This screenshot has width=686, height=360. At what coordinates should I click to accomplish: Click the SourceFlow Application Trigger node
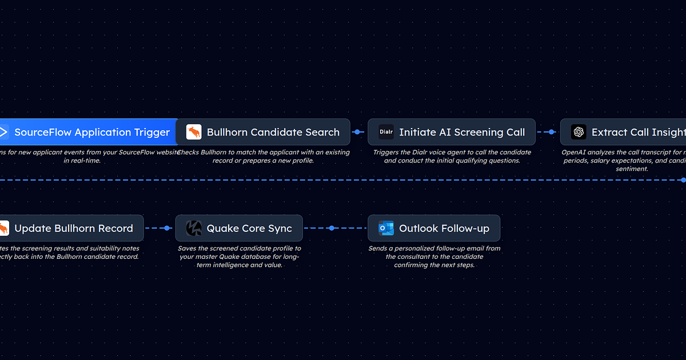(91, 132)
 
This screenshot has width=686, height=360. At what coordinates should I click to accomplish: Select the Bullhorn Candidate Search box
(263, 132)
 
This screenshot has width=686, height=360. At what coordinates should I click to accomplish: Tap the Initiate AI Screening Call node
(452, 132)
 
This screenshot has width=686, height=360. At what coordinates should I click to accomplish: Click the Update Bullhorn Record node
(71, 229)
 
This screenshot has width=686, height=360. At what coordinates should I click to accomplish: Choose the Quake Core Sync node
(239, 229)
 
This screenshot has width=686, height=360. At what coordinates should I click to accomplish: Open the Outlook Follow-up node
(434, 229)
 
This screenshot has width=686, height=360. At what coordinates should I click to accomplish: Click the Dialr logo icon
(386, 133)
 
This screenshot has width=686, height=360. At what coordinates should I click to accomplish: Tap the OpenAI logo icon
(579, 133)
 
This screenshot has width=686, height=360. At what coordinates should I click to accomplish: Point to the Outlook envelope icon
(386, 229)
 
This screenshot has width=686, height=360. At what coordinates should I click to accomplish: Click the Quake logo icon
(194, 229)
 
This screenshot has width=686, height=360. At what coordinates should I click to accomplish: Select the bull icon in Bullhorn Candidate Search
(194, 133)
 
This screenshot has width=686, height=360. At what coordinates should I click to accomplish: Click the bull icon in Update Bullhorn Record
(3, 229)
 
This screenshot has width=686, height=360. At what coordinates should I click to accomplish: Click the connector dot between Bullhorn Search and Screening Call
(357, 132)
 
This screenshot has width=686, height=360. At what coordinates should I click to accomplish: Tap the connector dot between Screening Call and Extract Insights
(552, 132)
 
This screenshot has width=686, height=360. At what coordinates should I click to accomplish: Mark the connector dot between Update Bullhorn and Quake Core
(167, 229)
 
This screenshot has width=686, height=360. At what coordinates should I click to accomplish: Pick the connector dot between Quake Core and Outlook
(332, 229)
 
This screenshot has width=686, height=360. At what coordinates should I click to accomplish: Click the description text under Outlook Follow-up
(434, 257)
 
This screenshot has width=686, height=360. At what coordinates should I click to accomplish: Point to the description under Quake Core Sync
(239, 257)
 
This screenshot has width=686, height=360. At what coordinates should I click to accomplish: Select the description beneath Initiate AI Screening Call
(452, 157)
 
